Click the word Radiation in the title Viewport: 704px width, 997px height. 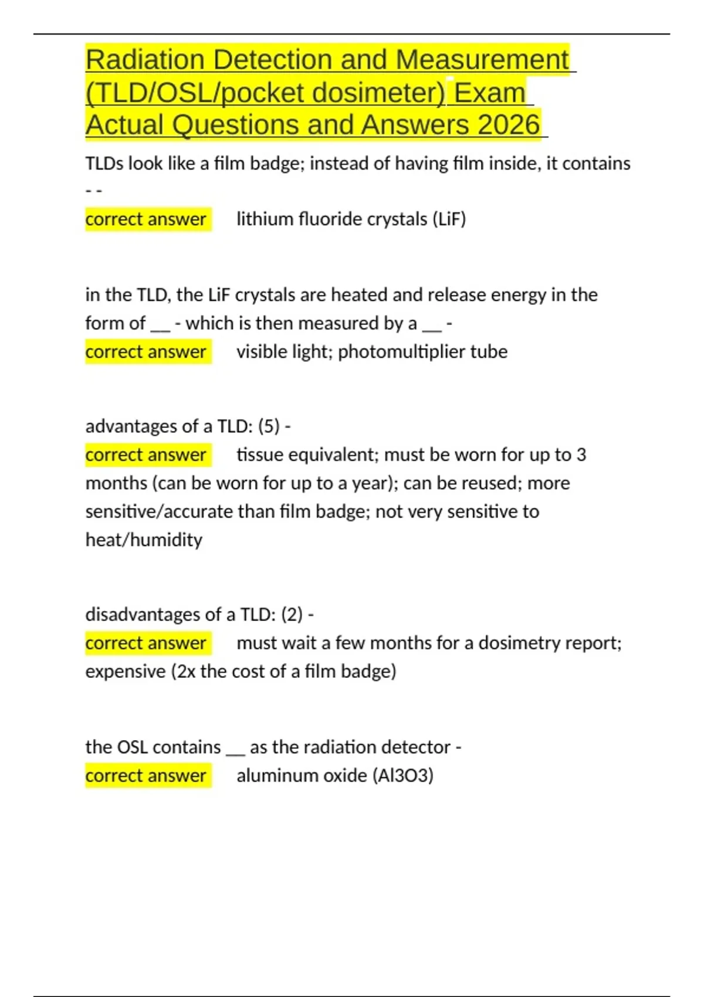pos(144,60)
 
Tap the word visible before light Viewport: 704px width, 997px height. pos(263,352)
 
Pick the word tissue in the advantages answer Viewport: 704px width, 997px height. pos(262,455)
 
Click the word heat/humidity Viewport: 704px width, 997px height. pos(144,540)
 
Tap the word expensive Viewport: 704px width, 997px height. pos(126,672)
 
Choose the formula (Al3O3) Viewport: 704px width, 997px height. pos(403,776)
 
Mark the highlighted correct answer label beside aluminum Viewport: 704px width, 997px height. pos(146,776)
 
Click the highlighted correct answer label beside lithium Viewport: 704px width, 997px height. pos(146,219)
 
